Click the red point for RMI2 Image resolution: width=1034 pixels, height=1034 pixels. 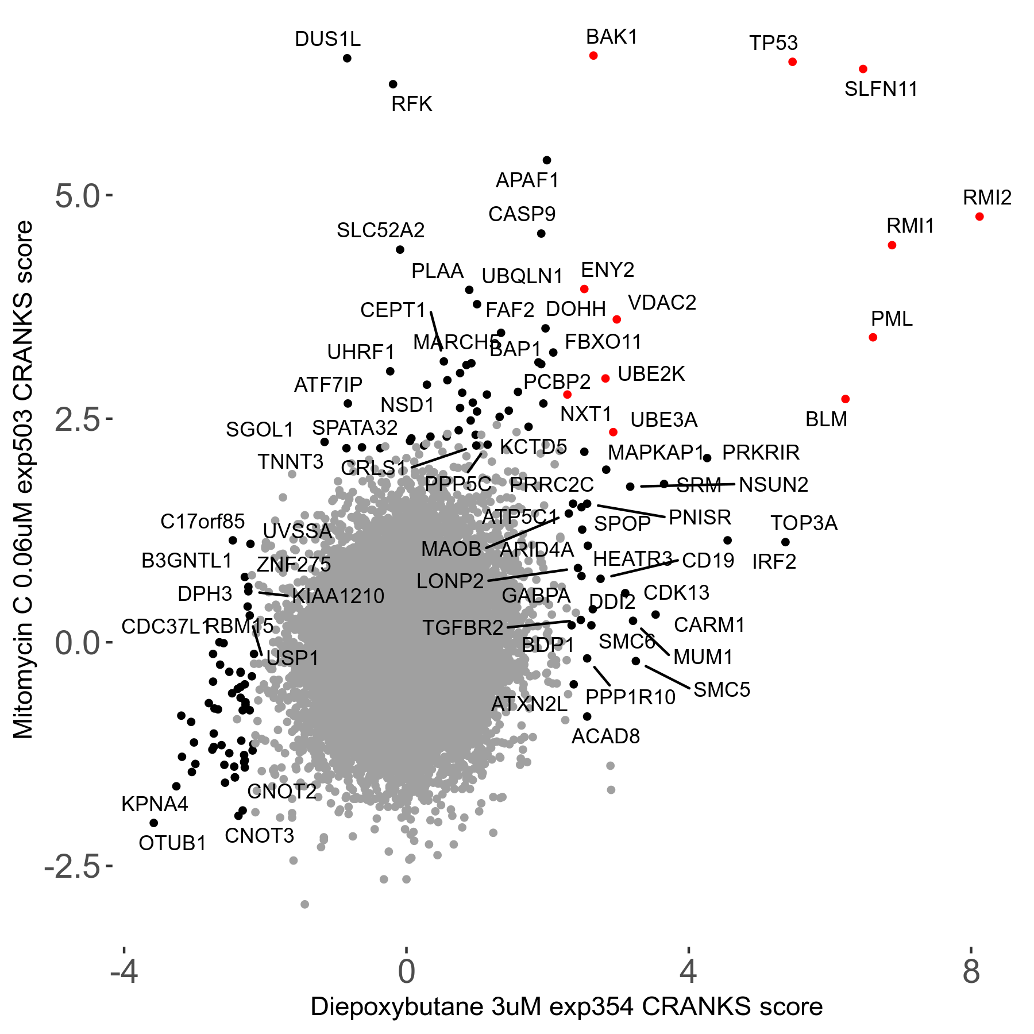pyautogui.click(x=979, y=217)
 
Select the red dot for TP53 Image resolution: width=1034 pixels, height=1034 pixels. pyautogui.click(x=793, y=61)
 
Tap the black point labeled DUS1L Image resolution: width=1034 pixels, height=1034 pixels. pyautogui.click(x=347, y=58)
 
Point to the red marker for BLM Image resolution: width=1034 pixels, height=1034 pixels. pyautogui.click(x=845, y=399)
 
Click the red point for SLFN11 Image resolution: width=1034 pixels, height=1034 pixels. pyautogui.click(x=863, y=69)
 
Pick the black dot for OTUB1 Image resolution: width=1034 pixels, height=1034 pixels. pyautogui.click(x=153, y=823)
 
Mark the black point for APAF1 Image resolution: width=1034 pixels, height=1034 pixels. pyautogui.click(x=547, y=160)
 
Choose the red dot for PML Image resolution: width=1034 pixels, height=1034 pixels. pyautogui.click(x=873, y=337)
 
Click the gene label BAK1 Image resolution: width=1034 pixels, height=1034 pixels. pyautogui.click(x=612, y=37)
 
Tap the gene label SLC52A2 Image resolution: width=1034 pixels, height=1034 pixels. pyautogui.click(x=380, y=230)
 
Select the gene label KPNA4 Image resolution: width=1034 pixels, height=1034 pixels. pyautogui.click(x=155, y=804)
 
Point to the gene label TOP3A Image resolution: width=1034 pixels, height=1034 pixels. pyautogui.click(x=804, y=523)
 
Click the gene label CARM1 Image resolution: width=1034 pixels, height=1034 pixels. pyautogui.click(x=709, y=625)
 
